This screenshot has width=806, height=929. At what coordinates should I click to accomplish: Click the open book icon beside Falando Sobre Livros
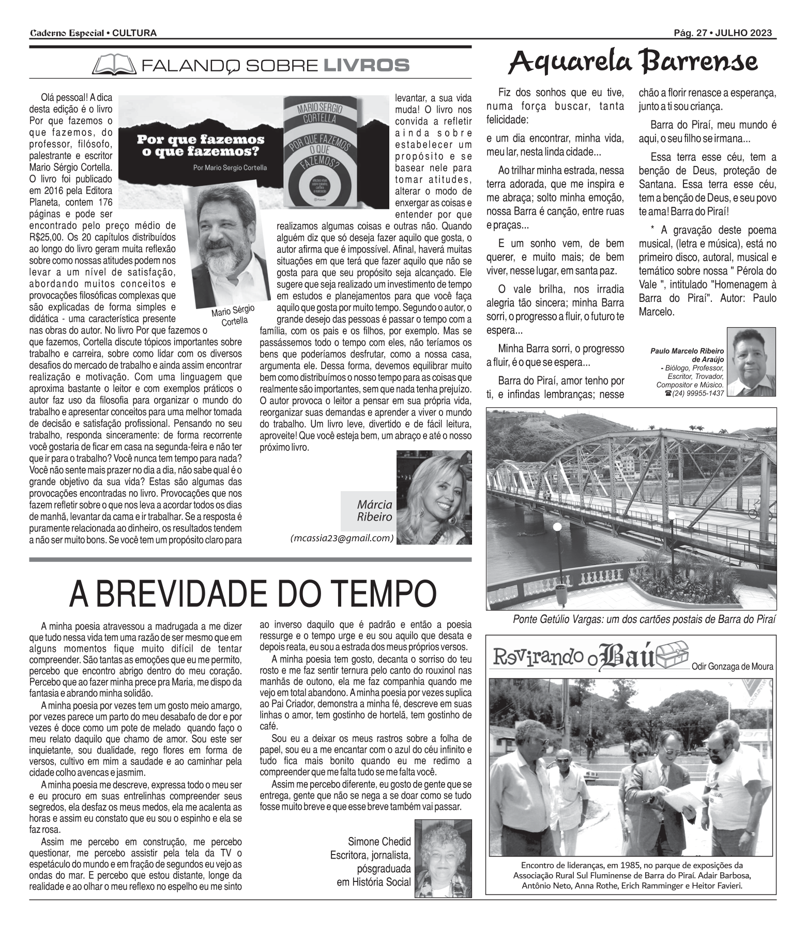tap(113, 65)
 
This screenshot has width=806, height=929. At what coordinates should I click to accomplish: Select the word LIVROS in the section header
tap(366, 66)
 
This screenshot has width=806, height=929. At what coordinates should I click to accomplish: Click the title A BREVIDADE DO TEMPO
tap(252, 595)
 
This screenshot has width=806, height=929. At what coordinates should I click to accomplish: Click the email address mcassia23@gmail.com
tap(342, 538)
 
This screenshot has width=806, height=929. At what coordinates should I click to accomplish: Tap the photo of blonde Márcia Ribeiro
tap(434, 497)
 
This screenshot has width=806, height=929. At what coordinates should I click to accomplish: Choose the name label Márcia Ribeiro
tap(374, 510)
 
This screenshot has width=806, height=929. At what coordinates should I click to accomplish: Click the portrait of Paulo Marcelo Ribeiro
tap(751, 362)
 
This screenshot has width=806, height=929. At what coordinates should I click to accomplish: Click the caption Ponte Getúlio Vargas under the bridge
tap(644, 619)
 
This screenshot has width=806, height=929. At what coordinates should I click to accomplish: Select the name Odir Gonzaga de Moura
tap(732, 666)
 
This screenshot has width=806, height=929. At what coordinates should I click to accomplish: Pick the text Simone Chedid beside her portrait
tap(379, 841)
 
